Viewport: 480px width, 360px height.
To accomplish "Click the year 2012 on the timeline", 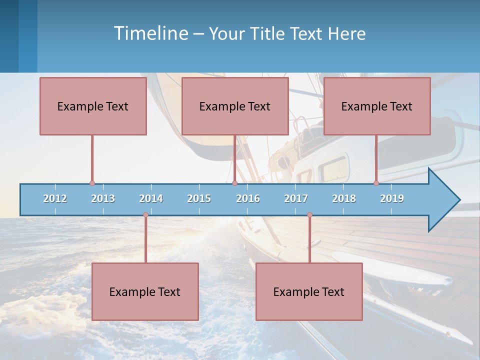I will (55, 198).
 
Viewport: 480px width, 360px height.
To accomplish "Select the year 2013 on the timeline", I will (103, 198).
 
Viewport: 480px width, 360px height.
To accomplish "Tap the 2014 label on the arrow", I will (151, 198).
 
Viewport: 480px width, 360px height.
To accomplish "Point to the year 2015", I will (199, 198).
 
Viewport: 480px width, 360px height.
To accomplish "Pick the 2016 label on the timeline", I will (248, 198).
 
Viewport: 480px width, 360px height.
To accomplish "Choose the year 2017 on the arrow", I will (296, 198).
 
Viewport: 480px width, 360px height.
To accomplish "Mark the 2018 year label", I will (344, 198).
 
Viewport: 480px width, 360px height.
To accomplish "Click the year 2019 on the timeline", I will (392, 198).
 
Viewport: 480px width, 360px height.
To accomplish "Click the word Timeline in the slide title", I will (150, 33).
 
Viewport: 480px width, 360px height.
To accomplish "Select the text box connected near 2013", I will (93, 106).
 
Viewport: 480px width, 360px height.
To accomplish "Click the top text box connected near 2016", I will (235, 106).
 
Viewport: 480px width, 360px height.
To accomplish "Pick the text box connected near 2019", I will (377, 106).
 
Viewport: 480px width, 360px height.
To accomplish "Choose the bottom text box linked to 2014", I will (145, 291).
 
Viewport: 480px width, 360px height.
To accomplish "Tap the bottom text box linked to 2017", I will (309, 291).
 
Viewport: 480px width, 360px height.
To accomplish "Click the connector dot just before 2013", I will (92, 183).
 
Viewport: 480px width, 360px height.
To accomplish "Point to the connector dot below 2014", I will (145, 215).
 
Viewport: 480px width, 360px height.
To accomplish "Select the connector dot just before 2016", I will (234, 183).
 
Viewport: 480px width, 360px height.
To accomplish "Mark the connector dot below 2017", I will (309, 215).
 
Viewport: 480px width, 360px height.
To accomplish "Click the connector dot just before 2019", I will (376, 183).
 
